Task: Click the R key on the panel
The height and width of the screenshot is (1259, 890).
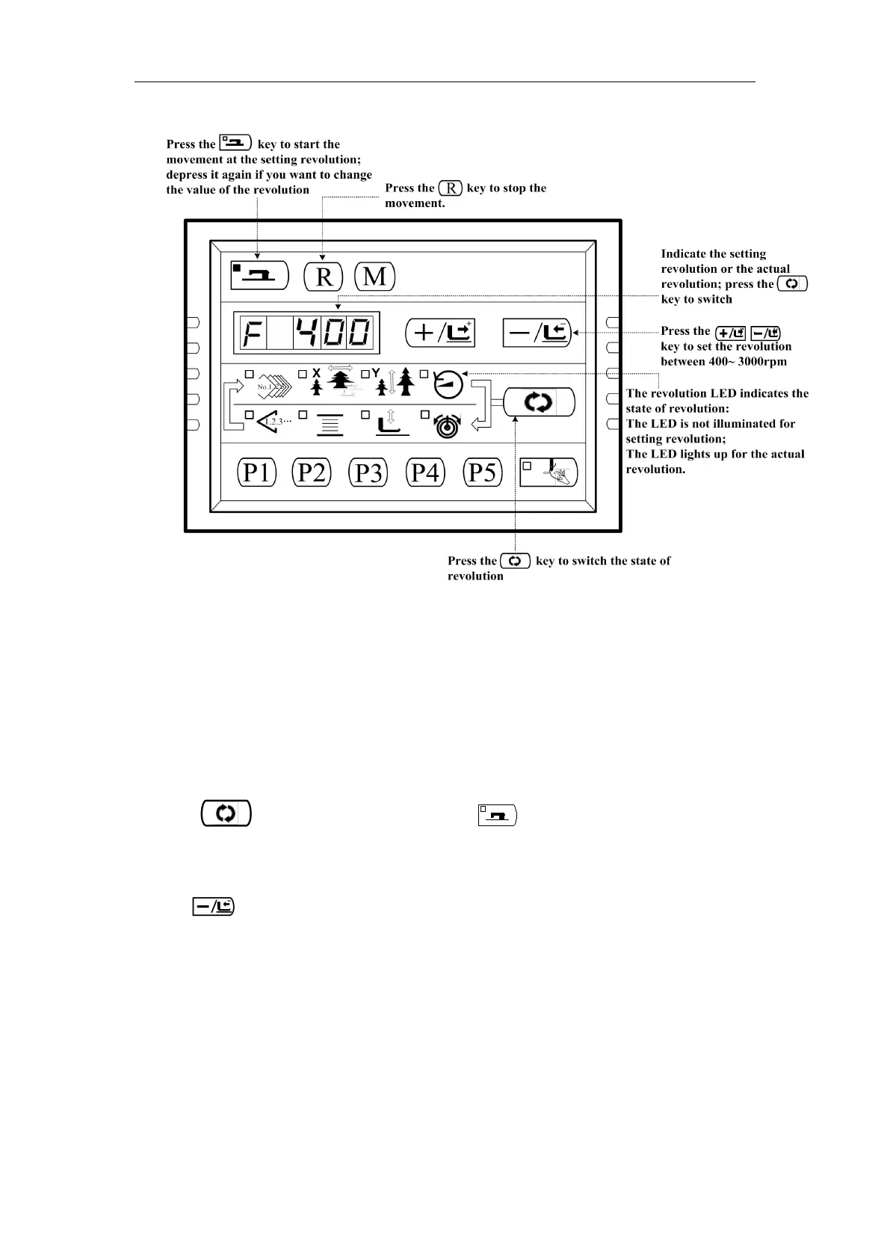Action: [x=324, y=277]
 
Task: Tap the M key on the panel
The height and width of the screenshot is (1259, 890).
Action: [x=374, y=277]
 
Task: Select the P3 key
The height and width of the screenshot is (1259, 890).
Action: [x=368, y=472]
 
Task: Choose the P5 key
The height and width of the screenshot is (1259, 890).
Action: [x=482, y=472]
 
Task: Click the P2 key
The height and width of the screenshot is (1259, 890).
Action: [x=312, y=472]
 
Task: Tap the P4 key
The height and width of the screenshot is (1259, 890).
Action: [x=425, y=472]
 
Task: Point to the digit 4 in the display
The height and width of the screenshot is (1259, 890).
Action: [x=306, y=333]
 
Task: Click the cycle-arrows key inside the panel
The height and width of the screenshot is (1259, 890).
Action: [x=539, y=403]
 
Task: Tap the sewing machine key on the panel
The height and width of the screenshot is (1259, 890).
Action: [x=259, y=275]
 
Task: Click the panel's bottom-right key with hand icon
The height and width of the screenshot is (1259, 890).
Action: [x=549, y=472]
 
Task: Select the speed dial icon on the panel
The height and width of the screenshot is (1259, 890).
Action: [x=448, y=385]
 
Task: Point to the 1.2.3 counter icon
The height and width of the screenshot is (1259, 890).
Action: [x=272, y=422]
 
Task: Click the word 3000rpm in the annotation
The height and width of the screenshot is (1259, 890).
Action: [x=761, y=362]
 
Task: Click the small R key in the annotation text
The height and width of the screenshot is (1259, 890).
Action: [x=451, y=188]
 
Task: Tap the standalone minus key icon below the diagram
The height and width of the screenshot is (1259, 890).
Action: [x=213, y=907]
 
